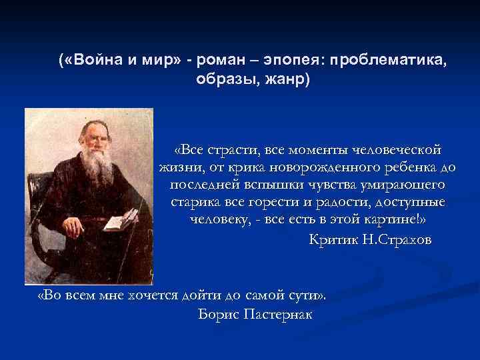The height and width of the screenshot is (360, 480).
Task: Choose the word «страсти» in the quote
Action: (x=232, y=150)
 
